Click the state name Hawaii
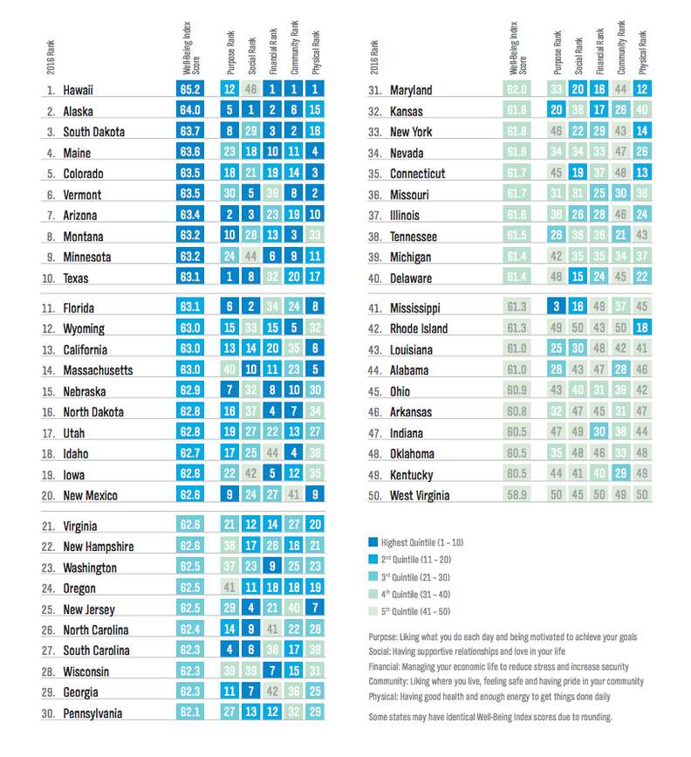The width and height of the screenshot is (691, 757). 79,90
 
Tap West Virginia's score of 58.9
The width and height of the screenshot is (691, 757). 518,495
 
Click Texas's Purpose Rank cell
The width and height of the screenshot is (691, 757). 229,278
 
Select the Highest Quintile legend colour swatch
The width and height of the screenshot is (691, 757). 373,542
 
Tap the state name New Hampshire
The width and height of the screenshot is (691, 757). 99,547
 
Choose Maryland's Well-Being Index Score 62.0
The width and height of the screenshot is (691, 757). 518,90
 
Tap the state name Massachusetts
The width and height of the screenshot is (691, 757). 98,370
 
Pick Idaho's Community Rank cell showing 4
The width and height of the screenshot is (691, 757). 295,453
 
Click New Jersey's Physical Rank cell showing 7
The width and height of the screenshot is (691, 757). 316,609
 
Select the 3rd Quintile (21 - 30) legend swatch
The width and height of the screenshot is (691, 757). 373,575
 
